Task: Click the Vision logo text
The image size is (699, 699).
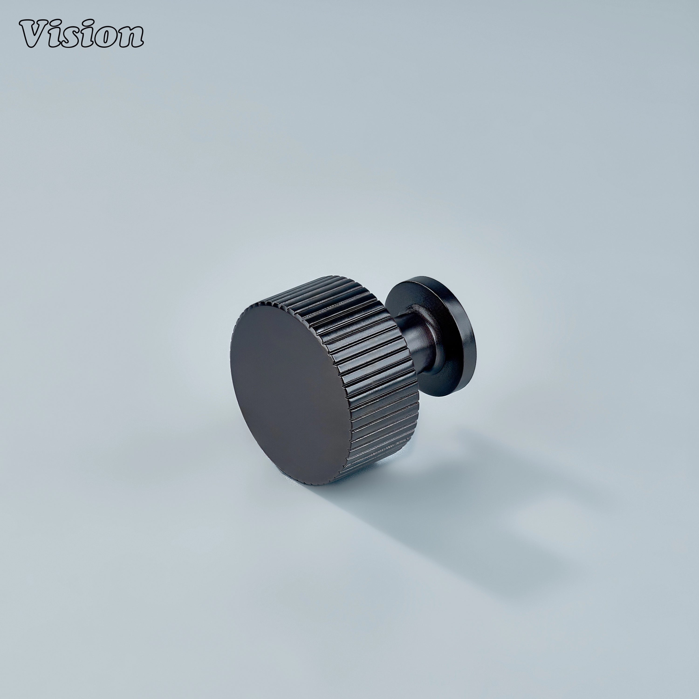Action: [81, 35]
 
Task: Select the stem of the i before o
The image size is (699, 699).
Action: [87, 40]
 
